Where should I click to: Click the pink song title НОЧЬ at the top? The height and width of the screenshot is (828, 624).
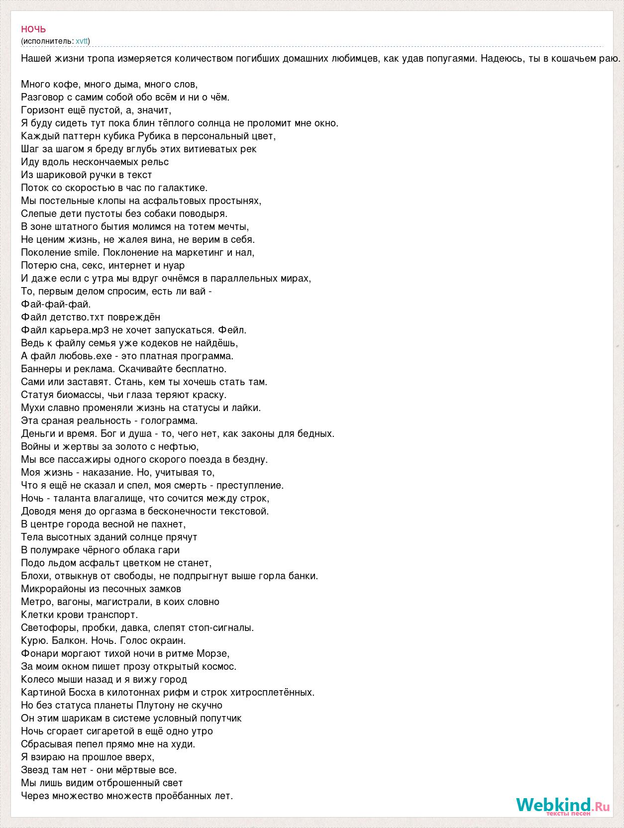[x=33, y=30]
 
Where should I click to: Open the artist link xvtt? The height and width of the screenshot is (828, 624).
[x=82, y=41]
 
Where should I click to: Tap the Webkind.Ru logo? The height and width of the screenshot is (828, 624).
[x=562, y=805]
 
